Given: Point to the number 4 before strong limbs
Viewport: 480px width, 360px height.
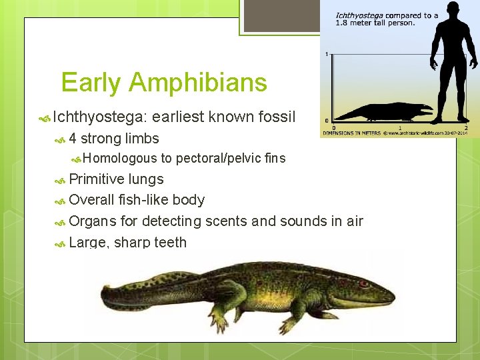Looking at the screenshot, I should click(x=73, y=139).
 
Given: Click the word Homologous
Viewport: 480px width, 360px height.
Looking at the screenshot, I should click(x=119, y=158).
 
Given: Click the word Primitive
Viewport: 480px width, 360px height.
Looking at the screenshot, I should click(x=97, y=179).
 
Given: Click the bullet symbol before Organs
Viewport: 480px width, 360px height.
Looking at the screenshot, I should click(x=61, y=221).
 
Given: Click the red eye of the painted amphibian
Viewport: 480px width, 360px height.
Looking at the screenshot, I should click(x=363, y=283).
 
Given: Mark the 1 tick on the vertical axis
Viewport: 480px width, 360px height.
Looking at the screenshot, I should click(x=326, y=54).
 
